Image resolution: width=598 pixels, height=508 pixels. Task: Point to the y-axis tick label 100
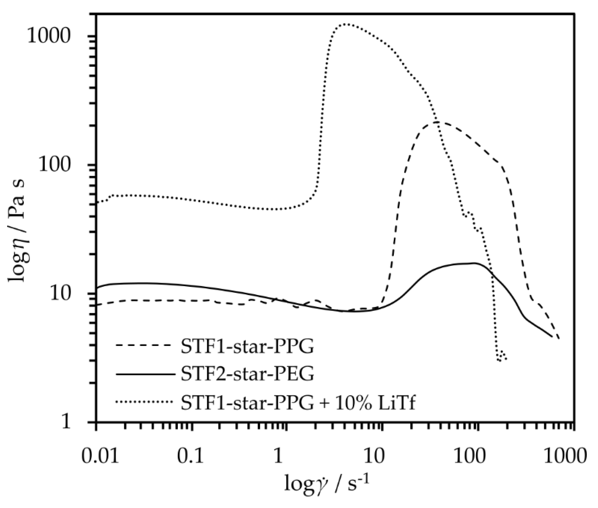point(55,166)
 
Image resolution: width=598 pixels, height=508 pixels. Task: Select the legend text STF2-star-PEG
point(247,374)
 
